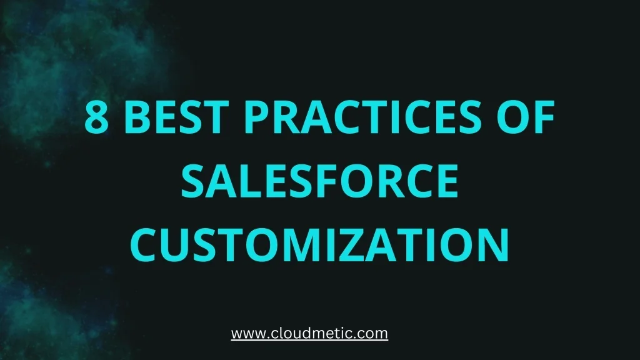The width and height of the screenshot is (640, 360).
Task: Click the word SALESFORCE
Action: [319, 182]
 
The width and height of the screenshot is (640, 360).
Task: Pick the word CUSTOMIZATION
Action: [319, 246]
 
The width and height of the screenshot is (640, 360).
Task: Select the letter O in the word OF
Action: [514, 118]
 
